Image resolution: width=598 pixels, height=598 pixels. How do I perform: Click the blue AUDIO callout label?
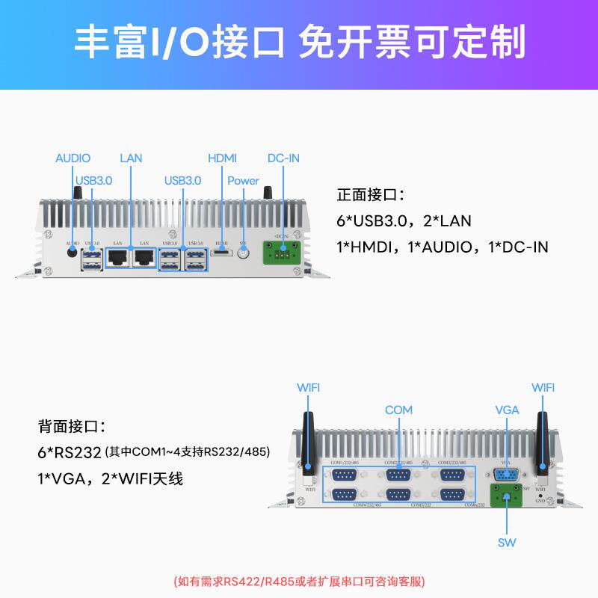click(x=73, y=158)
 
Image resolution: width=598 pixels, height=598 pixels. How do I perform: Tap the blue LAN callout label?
click(x=131, y=158)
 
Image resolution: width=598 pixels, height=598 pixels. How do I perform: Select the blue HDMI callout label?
click(x=222, y=158)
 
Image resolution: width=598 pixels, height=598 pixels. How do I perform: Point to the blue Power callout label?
click(x=243, y=181)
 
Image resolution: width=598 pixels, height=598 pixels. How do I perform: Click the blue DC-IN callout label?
click(x=283, y=158)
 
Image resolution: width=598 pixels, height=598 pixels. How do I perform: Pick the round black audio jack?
click(x=73, y=253)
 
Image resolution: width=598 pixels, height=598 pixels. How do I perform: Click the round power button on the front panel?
click(x=243, y=254)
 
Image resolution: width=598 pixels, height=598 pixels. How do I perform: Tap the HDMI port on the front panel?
click(x=222, y=253)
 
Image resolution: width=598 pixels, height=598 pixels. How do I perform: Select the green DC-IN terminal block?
click(x=283, y=253)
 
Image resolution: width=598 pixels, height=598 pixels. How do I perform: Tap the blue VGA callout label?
click(x=507, y=410)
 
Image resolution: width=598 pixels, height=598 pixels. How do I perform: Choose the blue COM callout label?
click(x=398, y=410)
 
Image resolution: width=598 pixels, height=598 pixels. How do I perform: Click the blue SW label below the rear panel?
click(x=507, y=542)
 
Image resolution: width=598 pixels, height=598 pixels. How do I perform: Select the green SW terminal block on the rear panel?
click(x=507, y=496)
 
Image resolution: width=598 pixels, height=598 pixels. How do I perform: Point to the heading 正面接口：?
click(x=371, y=196)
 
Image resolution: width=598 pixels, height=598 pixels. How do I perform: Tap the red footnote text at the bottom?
click(x=299, y=581)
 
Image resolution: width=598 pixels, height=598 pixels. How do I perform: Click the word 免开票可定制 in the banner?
click(x=411, y=43)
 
